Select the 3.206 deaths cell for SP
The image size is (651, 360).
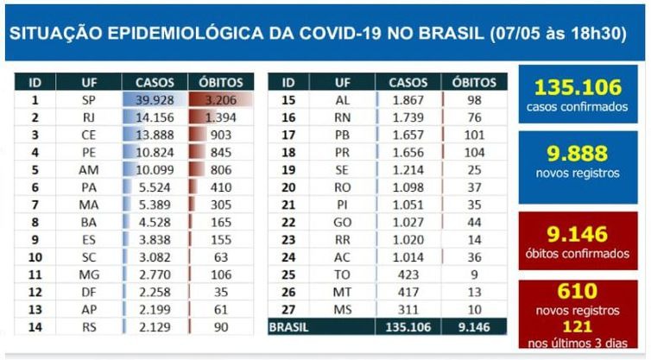pyautogui.click(x=221, y=99)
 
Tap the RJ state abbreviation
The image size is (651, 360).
pyautogui.click(x=88, y=117)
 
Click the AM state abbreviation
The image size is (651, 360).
pyautogui.click(x=88, y=170)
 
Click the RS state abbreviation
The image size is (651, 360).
pyautogui.click(x=88, y=326)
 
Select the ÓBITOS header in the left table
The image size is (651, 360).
pyautogui.click(x=221, y=82)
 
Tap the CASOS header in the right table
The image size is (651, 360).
pyautogui.click(x=408, y=82)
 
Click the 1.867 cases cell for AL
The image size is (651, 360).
pyautogui.click(x=408, y=99)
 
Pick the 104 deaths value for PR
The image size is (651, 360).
pyautogui.click(x=474, y=152)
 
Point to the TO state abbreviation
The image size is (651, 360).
pyautogui.click(x=343, y=275)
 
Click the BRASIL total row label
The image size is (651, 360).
pyautogui.click(x=289, y=327)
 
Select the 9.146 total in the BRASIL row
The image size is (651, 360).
pyautogui.click(x=474, y=327)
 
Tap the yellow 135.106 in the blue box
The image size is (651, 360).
pyautogui.click(x=578, y=87)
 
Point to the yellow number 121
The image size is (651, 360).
pyautogui.click(x=578, y=327)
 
